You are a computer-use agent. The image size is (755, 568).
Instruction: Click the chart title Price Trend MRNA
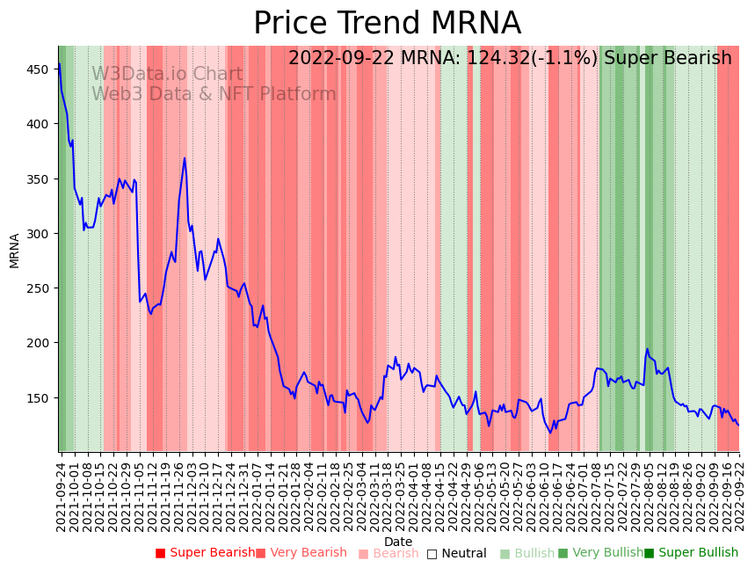coord(387,24)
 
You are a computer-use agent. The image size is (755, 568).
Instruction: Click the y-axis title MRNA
coord(15,250)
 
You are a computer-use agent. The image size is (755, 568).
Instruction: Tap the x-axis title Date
coord(398,542)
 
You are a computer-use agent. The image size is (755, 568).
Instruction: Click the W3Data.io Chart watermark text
coord(167,75)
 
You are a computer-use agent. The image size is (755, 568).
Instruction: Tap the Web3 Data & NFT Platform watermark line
coord(214,95)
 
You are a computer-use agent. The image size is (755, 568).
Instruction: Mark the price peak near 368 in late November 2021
coord(185,158)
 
